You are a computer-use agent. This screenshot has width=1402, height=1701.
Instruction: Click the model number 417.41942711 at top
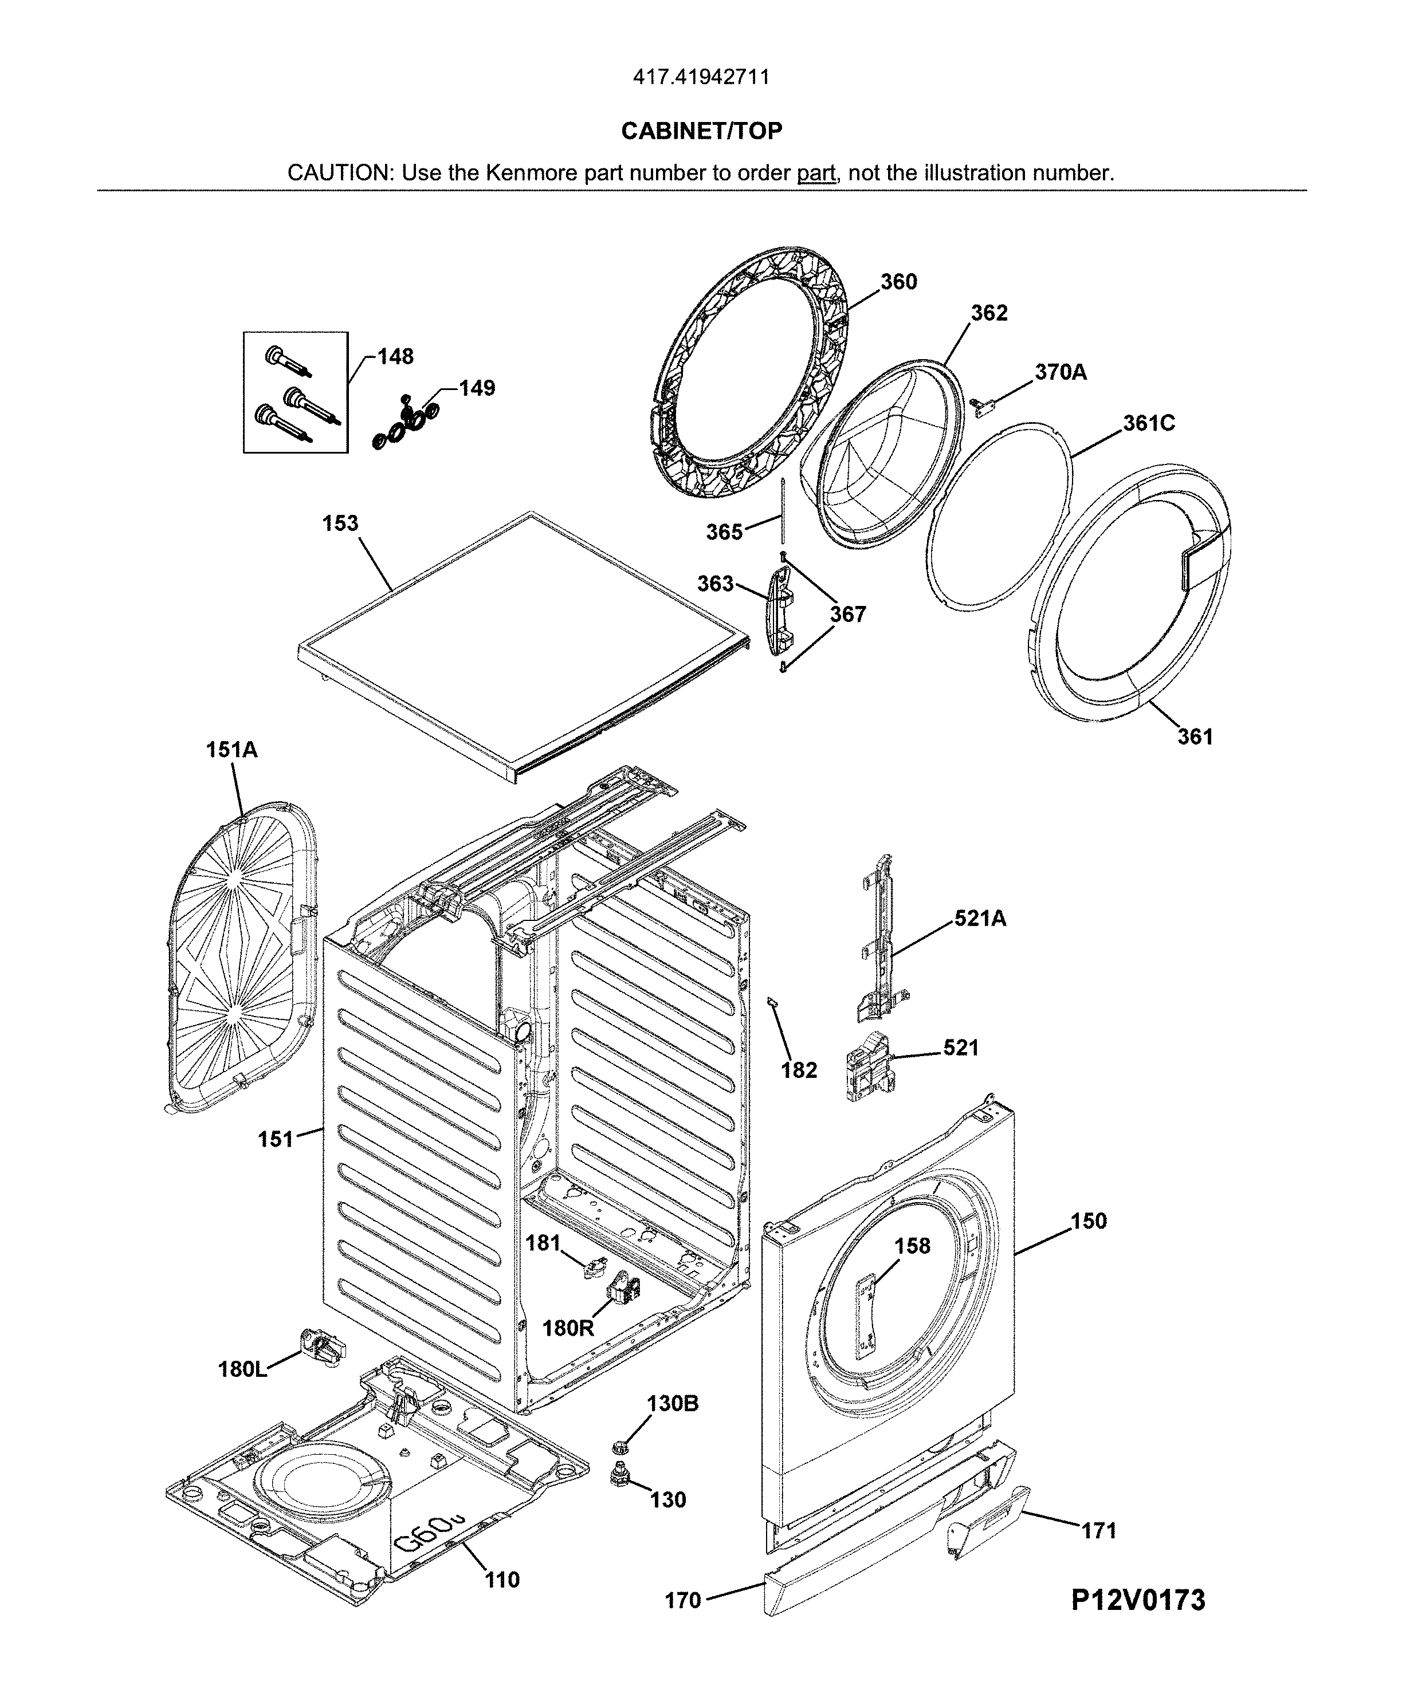pos(701,77)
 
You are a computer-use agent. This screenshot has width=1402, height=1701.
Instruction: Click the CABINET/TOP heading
pos(701,131)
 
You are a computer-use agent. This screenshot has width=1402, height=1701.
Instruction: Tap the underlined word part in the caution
pos(816,173)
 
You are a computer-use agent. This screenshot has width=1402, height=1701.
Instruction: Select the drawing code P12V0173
pos(1138,1600)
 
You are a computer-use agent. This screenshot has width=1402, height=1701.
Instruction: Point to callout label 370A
pos(1061,372)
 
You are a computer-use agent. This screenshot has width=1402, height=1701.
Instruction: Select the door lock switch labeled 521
pos(866,1066)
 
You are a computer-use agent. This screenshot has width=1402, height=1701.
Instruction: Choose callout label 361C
pos(1148,423)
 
